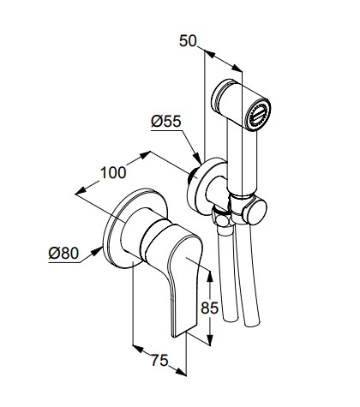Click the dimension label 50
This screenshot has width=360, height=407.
188,40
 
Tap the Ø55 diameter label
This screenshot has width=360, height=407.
166,122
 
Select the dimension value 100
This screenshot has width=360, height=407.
113,172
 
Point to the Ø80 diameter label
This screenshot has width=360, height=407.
63,253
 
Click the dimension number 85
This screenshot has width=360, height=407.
209,308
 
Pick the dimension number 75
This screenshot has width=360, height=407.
159,360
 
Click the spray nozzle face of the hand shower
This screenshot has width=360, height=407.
259,115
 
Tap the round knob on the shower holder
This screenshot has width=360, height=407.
256,212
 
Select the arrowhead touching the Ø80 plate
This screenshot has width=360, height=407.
97,251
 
